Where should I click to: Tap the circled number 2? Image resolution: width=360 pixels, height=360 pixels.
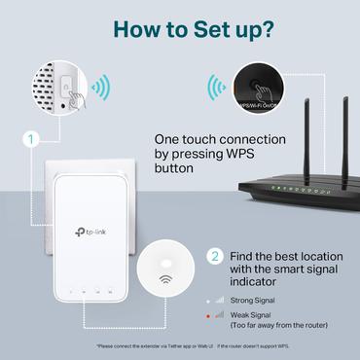[x=215, y=257]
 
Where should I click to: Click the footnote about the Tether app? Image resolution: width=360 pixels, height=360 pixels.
[x=179, y=345]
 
